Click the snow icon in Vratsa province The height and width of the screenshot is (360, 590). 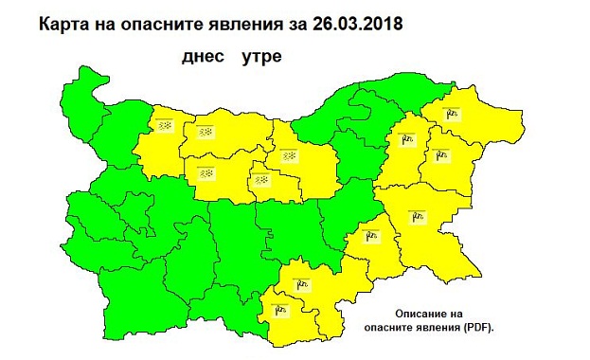click(164, 126)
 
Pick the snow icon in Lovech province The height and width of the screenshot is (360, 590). click(206, 172)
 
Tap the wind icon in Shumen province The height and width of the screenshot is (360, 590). click(409, 141)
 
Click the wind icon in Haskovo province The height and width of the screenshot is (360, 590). click(302, 281)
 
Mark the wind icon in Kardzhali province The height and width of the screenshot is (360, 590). click(280, 309)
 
